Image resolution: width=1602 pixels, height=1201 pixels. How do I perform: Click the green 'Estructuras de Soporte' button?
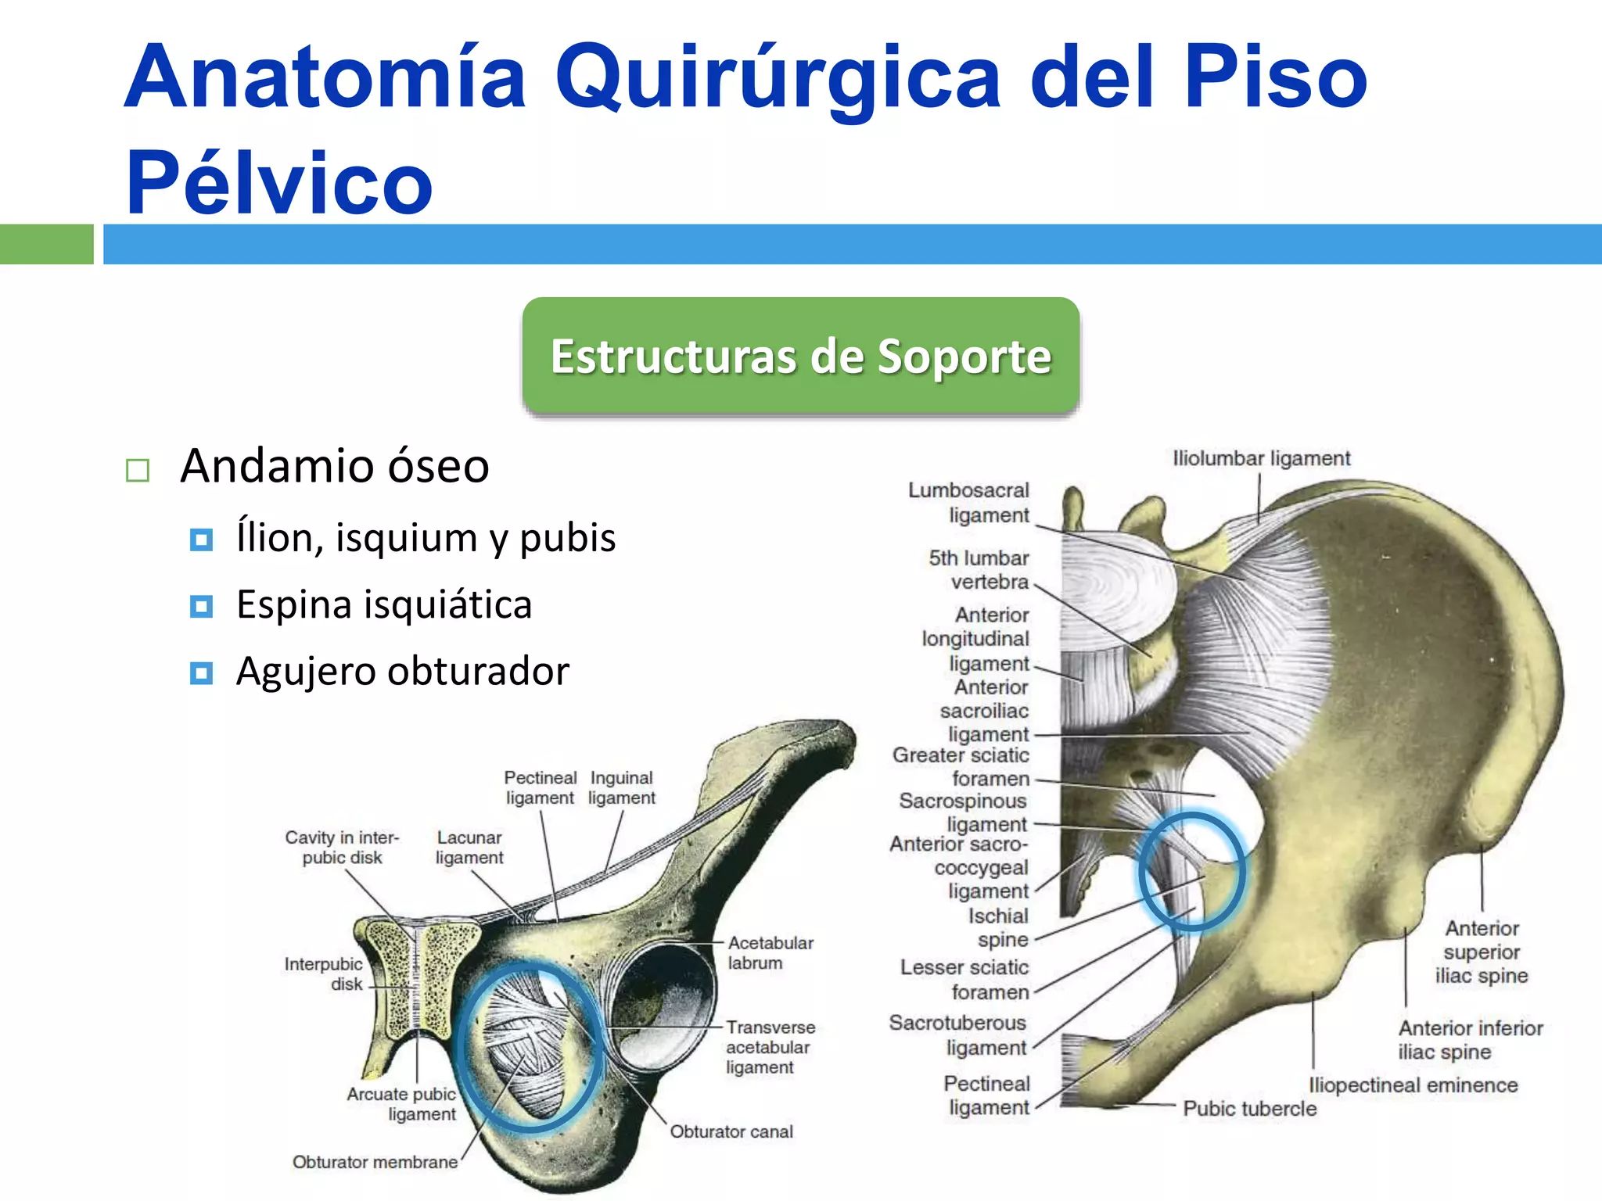tap(800, 356)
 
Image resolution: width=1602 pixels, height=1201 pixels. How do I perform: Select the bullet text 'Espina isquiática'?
tap(384, 604)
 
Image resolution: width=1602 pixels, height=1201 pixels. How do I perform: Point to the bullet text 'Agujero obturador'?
tap(402, 671)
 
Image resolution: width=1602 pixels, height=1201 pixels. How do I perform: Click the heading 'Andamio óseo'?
tap(335, 466)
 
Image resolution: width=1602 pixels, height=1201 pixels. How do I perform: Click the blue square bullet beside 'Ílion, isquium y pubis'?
tap(201, 540)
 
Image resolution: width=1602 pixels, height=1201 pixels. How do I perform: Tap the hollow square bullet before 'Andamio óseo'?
tap(138, 470)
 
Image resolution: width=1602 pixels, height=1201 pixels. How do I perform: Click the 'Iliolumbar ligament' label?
tap(1261, 458)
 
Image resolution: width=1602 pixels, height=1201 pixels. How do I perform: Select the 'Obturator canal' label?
tap(731, 1131)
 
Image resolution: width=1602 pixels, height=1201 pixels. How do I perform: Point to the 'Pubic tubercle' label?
tap(1249, 1109)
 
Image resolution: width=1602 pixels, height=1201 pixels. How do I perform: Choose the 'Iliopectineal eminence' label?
tap(1413, 1085)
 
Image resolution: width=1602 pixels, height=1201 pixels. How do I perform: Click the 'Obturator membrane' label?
tap(375, 1162)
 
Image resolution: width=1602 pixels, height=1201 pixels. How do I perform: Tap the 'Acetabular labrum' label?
tap(770, 952)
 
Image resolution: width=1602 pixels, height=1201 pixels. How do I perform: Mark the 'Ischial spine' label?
tap(999, 927)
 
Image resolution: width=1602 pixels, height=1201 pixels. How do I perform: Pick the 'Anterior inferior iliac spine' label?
tap(1470, 1039)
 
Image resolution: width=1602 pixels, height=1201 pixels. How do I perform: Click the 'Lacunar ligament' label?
tap(469, 848)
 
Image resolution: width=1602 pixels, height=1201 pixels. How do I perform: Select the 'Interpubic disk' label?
tap(324, 974)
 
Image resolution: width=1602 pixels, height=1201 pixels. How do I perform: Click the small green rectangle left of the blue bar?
tap(46, 244)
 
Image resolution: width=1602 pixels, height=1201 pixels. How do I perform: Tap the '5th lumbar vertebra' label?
tap(979, 569)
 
